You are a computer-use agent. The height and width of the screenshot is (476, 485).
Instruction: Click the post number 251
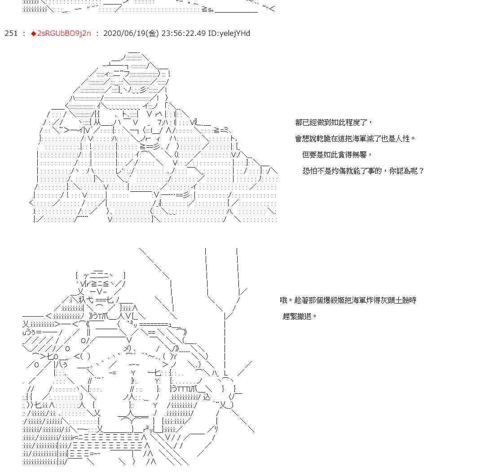pyautogui.click(x=11, y=34)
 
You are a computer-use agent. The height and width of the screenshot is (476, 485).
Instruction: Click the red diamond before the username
pyautogui.click(x=33, y=34)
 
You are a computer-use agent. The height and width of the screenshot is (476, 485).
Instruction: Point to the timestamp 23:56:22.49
pyautogui.click(x=183, y=34)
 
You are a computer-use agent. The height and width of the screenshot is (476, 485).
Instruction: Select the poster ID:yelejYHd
pyautogui.click(x=229, y=34)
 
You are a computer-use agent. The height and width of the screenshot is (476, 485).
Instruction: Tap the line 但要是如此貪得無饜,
pyautogui.click(x=337, y=154)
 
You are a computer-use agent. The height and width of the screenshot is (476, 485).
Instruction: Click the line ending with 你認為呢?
pyautogui.click(x=363, y=171)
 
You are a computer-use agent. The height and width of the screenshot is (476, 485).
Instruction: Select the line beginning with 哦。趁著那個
pyautogui.click(x=348, y=300)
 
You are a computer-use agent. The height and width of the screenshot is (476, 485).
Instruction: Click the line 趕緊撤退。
pyautogui.click(x=300, y=316)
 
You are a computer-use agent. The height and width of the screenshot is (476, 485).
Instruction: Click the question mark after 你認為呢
pyautogui.click(x=421, y=171)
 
